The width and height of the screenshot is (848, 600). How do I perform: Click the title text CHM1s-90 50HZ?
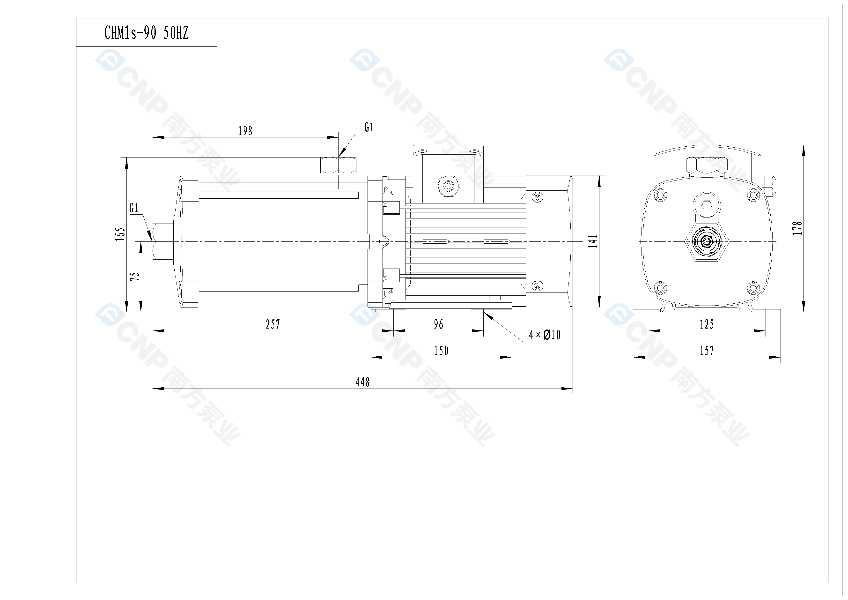147,33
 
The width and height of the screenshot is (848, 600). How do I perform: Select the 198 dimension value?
245,131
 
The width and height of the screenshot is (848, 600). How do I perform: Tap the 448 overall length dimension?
362,382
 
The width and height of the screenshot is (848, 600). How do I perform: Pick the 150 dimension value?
441,350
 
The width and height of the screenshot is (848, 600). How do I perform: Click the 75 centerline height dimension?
136,276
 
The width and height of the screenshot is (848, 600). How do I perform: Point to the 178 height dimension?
797,228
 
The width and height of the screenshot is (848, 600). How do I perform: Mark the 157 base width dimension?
707,350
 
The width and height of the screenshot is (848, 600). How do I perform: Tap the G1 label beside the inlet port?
134,208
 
